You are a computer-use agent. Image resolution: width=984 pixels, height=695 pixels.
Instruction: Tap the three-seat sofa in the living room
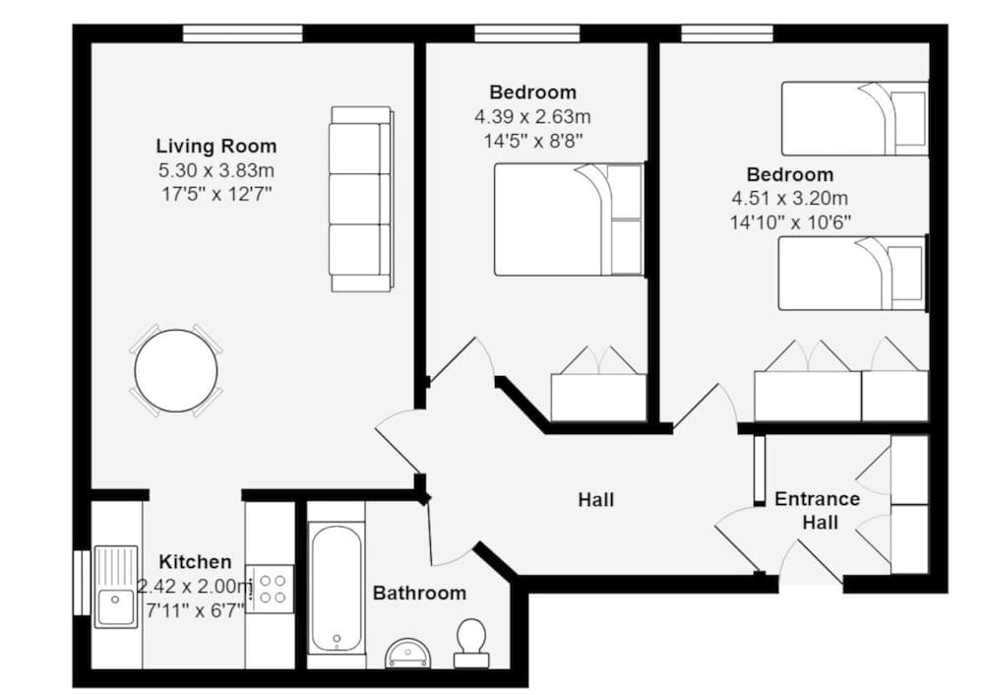(x=360, y=199)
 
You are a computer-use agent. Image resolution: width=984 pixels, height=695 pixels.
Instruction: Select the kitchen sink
(x=116, y=588)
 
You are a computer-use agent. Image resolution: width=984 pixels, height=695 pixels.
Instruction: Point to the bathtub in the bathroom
(x=337, y=589)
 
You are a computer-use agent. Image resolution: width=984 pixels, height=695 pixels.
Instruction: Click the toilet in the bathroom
(x=471, y=639)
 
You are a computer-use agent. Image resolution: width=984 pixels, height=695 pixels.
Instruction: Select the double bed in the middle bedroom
(x=568, y=220)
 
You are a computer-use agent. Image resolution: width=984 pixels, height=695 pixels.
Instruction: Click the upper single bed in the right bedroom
(x=854, y=118)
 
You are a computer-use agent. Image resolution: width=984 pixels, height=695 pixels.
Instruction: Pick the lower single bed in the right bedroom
(x=852, y=273)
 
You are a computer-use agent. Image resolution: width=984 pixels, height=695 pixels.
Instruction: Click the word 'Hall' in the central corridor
(x=595, y=500)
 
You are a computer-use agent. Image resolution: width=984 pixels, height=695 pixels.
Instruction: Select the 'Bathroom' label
(x=419, y=594)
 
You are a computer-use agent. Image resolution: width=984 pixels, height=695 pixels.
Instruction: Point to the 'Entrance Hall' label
(x=817, y=510)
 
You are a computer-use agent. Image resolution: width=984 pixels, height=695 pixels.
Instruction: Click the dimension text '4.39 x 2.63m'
(x=532, y=116)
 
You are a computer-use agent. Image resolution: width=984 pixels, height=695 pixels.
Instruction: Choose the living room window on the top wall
(x=242, y=34)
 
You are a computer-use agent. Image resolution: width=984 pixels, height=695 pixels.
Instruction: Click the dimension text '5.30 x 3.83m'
(x=215, y=170)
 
